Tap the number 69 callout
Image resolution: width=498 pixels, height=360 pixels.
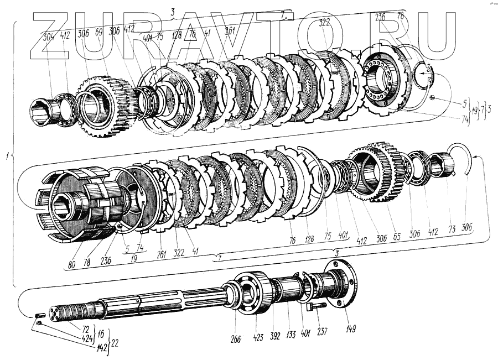coord(99,34)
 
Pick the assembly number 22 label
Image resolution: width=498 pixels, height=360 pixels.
coord(115,342)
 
